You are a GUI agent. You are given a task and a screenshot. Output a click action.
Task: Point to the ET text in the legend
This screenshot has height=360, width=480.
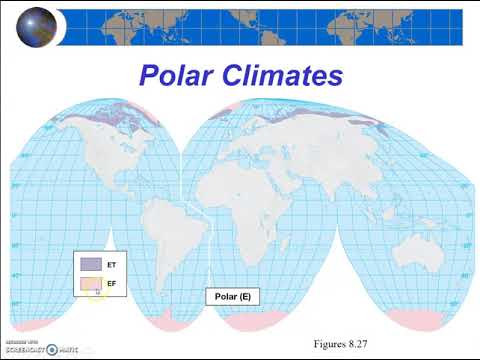(x=112, y=263)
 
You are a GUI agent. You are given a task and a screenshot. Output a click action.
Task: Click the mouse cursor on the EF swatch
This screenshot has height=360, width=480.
(x=98, y=293)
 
